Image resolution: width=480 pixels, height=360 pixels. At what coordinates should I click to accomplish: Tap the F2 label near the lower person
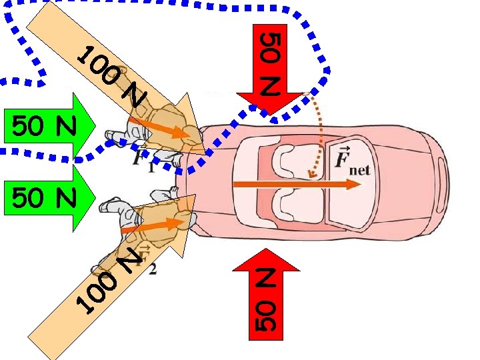148,261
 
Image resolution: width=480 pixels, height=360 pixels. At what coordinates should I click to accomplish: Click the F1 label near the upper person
142,160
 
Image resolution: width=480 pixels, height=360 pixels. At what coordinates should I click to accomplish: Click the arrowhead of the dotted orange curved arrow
310,175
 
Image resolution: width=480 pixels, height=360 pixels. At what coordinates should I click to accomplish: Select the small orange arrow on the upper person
160,128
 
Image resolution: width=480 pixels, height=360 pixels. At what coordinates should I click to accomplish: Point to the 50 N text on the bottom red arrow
265,300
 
